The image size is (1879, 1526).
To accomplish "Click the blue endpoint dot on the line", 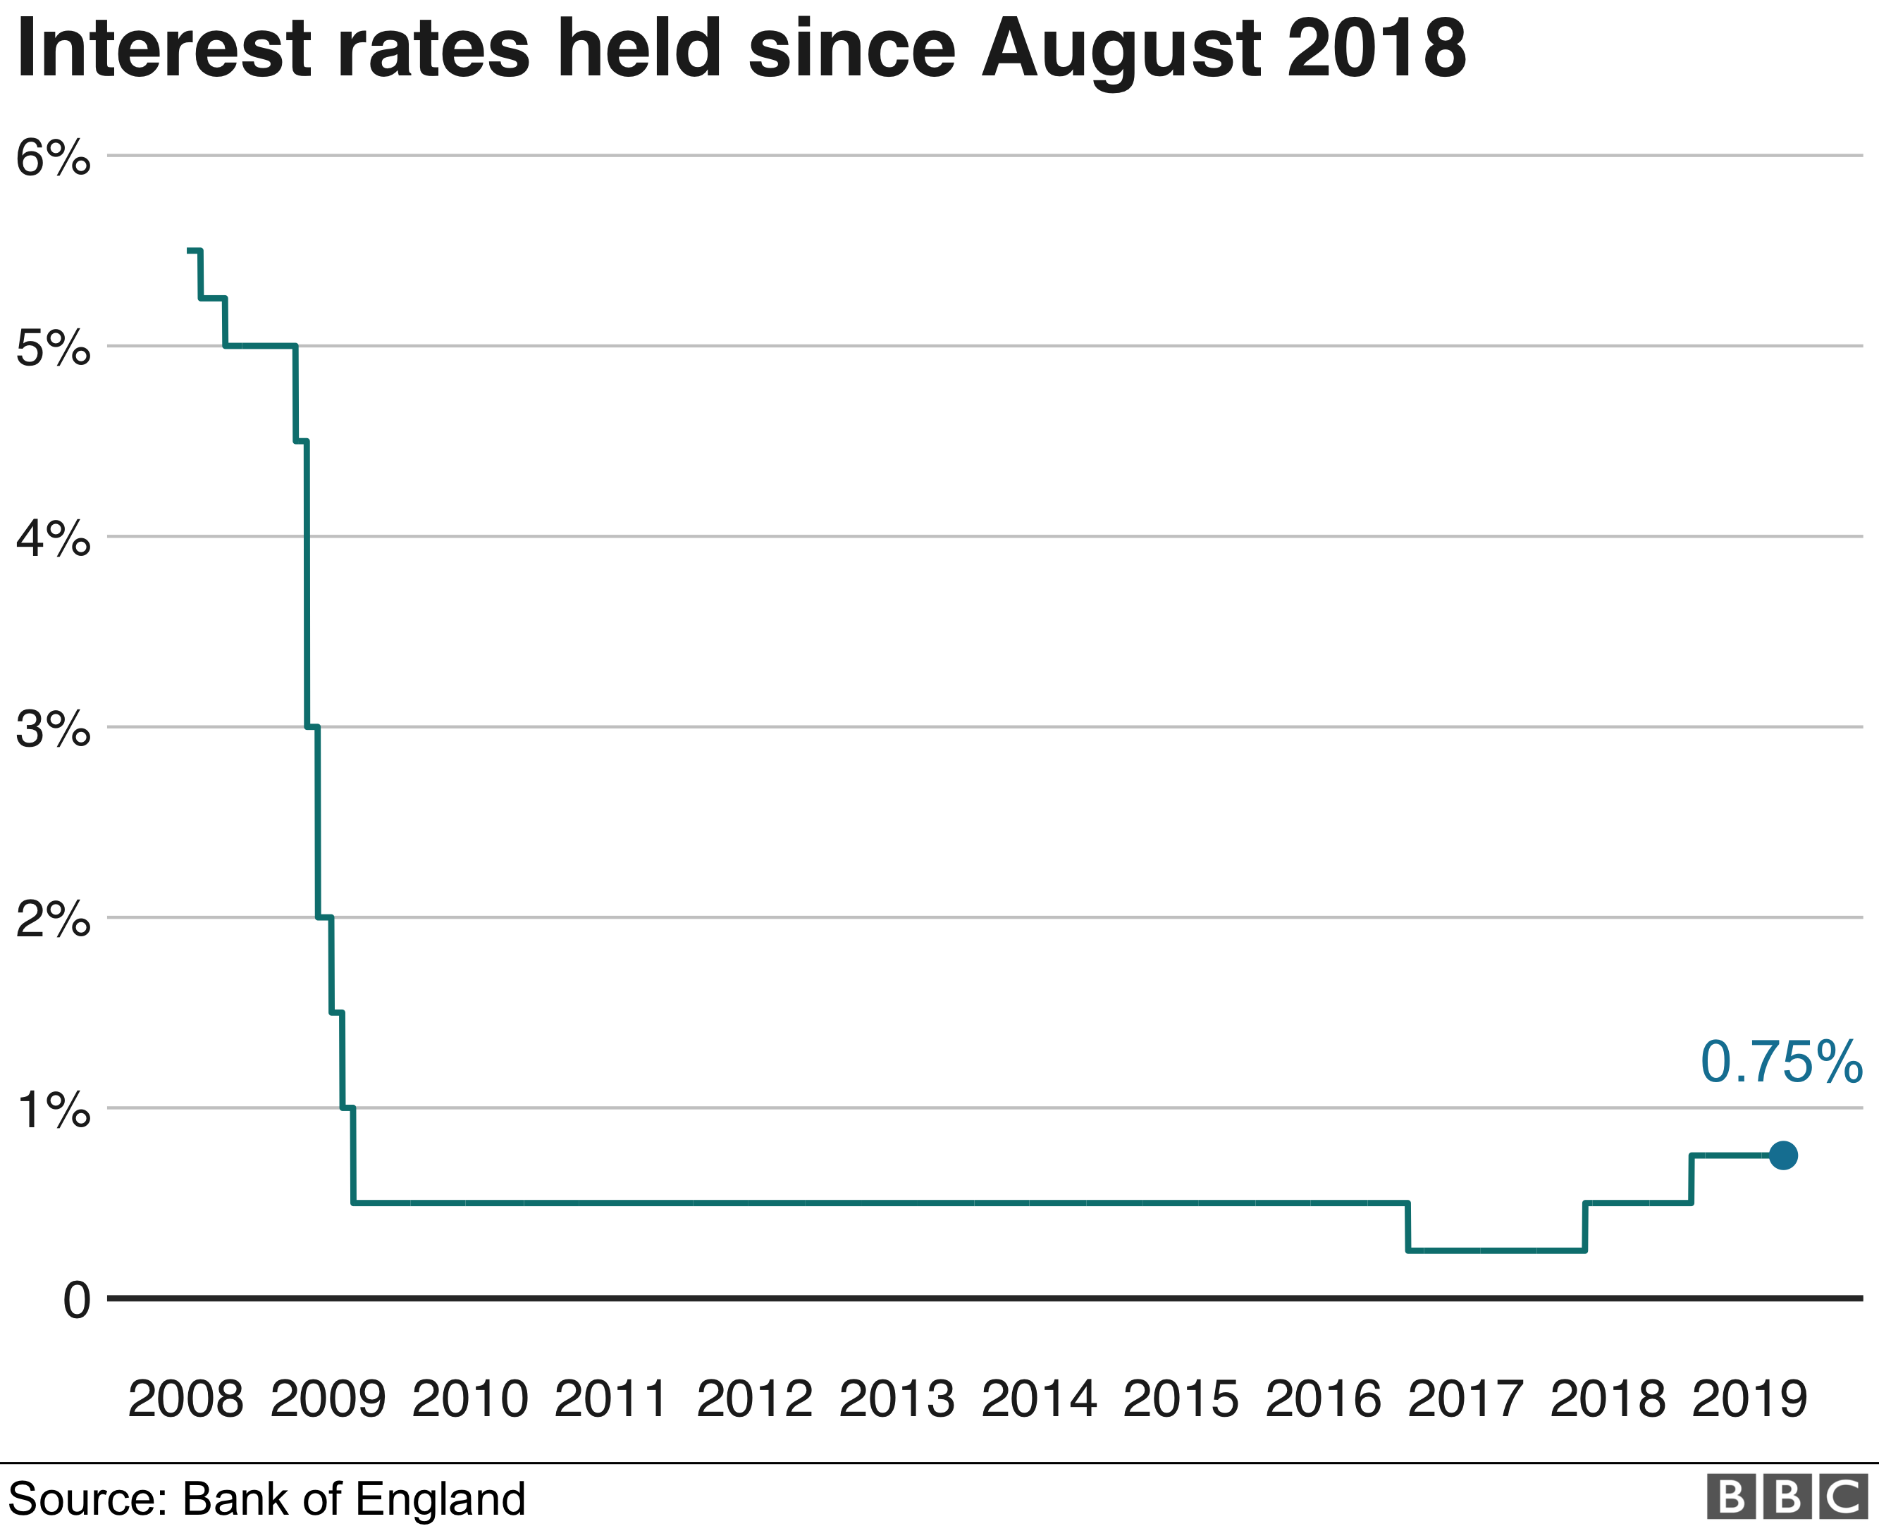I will click(1782, 1155).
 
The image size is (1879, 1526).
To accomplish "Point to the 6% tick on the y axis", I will click(53, 159).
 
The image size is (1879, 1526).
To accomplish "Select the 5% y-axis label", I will click(53, 349).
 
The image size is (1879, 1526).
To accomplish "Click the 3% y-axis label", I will click(53, 730).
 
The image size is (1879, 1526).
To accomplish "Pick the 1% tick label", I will click(53, 1110).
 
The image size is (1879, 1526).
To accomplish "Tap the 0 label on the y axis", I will click(77, 1300).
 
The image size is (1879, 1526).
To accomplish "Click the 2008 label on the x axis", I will click(185, 1398).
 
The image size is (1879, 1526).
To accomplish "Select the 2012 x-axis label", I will click(754, 1398).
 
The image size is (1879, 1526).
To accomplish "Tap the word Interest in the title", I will click(163, 49).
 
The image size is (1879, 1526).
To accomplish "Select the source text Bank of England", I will click(354, 1499).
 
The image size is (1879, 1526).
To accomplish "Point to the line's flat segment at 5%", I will click(260, 345).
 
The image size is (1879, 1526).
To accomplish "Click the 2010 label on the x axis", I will click(470, 1398).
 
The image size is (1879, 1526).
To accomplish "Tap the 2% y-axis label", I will click(53, 920).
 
